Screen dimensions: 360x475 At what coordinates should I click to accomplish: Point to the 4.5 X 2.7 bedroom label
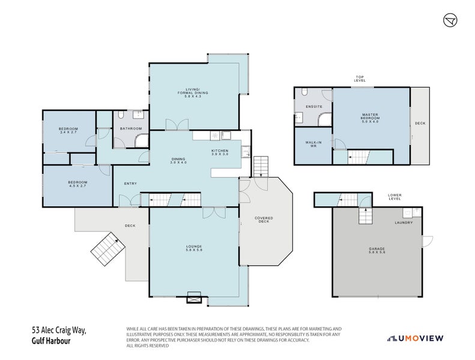[x=77, y=184]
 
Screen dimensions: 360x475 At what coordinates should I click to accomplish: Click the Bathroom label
[x=131, y=128]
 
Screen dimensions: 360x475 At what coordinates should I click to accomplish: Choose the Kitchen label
[x=220, y=152]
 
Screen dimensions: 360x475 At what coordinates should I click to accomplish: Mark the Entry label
[x=130, y=183]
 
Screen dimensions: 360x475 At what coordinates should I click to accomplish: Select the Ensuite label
[x=314, y=107]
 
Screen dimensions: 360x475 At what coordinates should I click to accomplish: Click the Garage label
[x=377, y=250]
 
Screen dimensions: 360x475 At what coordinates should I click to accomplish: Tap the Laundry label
[x=403, y=223]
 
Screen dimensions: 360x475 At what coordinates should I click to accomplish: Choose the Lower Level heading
[x=395, y=196]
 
